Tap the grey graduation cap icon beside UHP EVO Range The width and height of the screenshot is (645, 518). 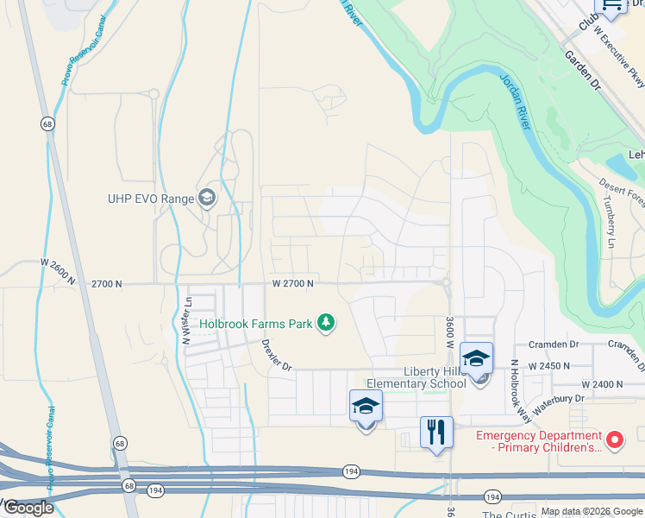coord(207,199)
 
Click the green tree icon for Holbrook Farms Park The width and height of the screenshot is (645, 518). coord(326,324)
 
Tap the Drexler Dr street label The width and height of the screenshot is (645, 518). coord(277,355)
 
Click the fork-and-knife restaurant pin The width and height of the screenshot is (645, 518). coord(436,433)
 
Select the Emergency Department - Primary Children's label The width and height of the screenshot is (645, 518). coord(537,440)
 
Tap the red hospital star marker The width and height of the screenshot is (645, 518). coord(615,440)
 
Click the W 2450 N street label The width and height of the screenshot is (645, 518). coord(548,366)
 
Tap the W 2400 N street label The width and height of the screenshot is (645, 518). coord(602,383)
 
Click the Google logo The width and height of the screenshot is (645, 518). coord(28,508)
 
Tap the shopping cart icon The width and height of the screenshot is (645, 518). coord(611,6)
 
